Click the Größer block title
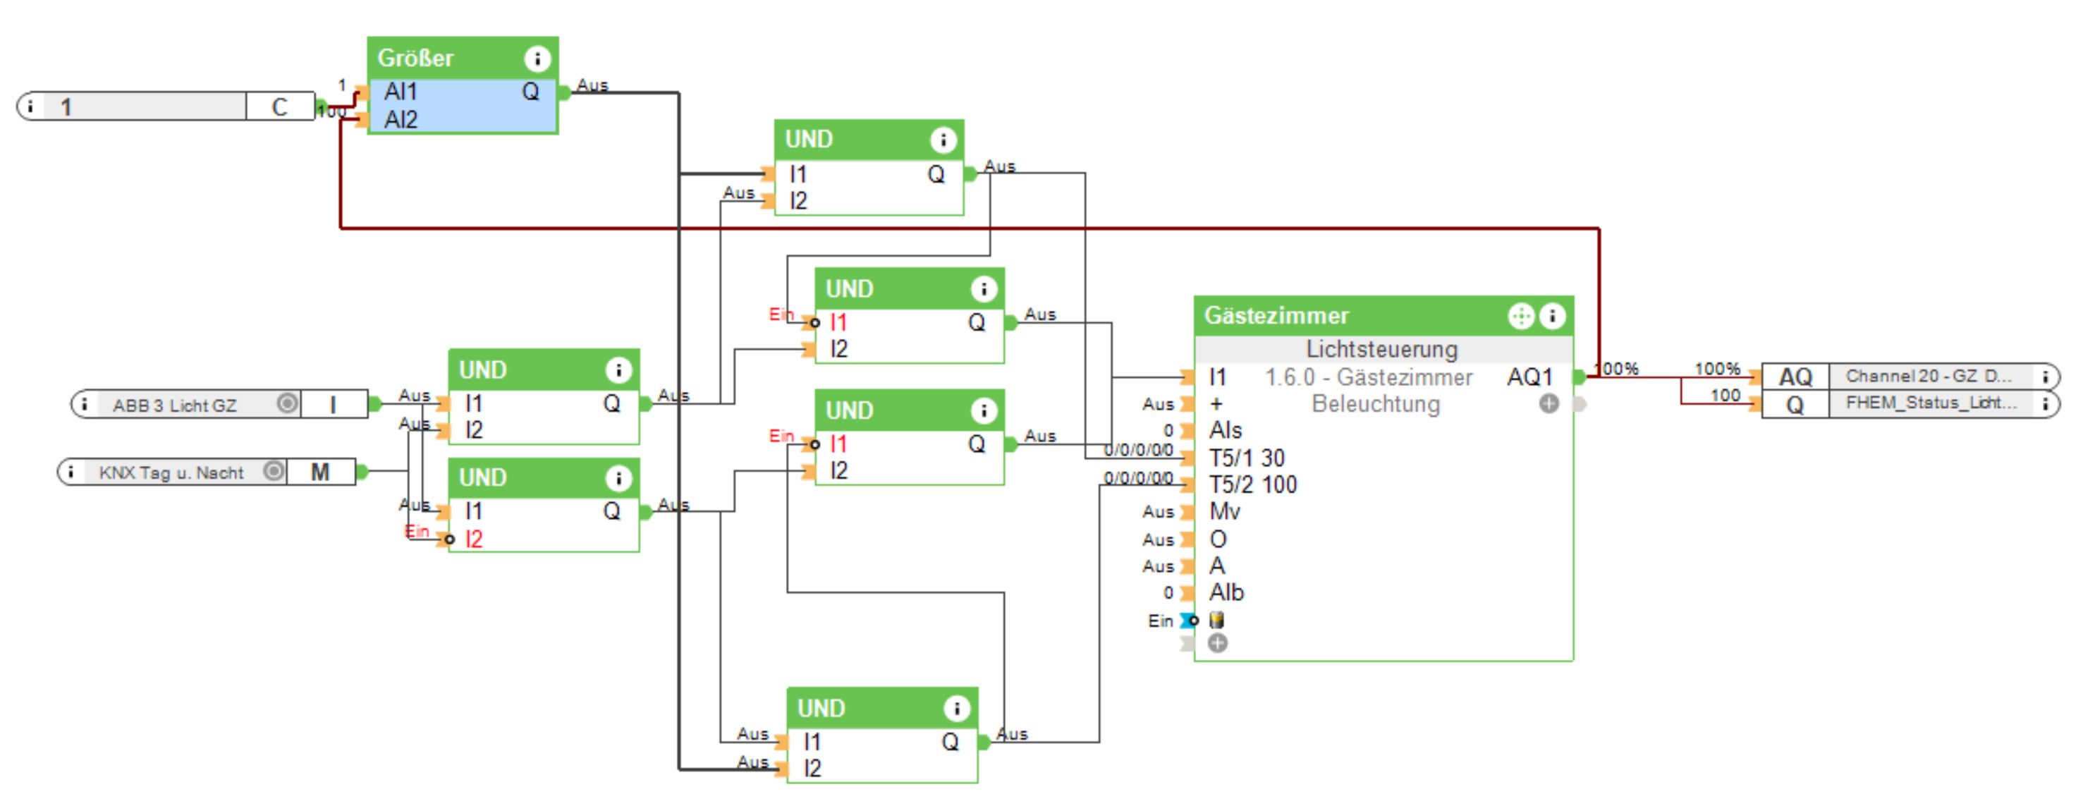click(415, 59)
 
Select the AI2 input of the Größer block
click(400, 120)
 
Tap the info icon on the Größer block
click(537, 59)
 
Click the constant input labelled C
click(280, 106)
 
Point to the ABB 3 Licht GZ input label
click(175, 405)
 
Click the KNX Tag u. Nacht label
click(171, 472)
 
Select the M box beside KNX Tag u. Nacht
click(320, 472)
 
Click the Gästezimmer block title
click(1276, 316)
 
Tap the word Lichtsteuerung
click(1382, 349)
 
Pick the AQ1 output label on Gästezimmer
click(1529, 377)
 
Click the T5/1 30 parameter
click(1247, 458)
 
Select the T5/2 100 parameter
click(1252, 484)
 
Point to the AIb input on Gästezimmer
click(1226, 592)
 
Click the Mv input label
click(1224, 511)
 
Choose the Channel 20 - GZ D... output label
click(1927, 376)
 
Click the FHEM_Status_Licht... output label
click(1931, 403)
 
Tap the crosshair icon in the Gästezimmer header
click(1520, 316)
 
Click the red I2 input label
click(473, 539)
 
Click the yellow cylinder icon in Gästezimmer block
click(1216, 620)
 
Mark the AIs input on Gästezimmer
click(1226, 430)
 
